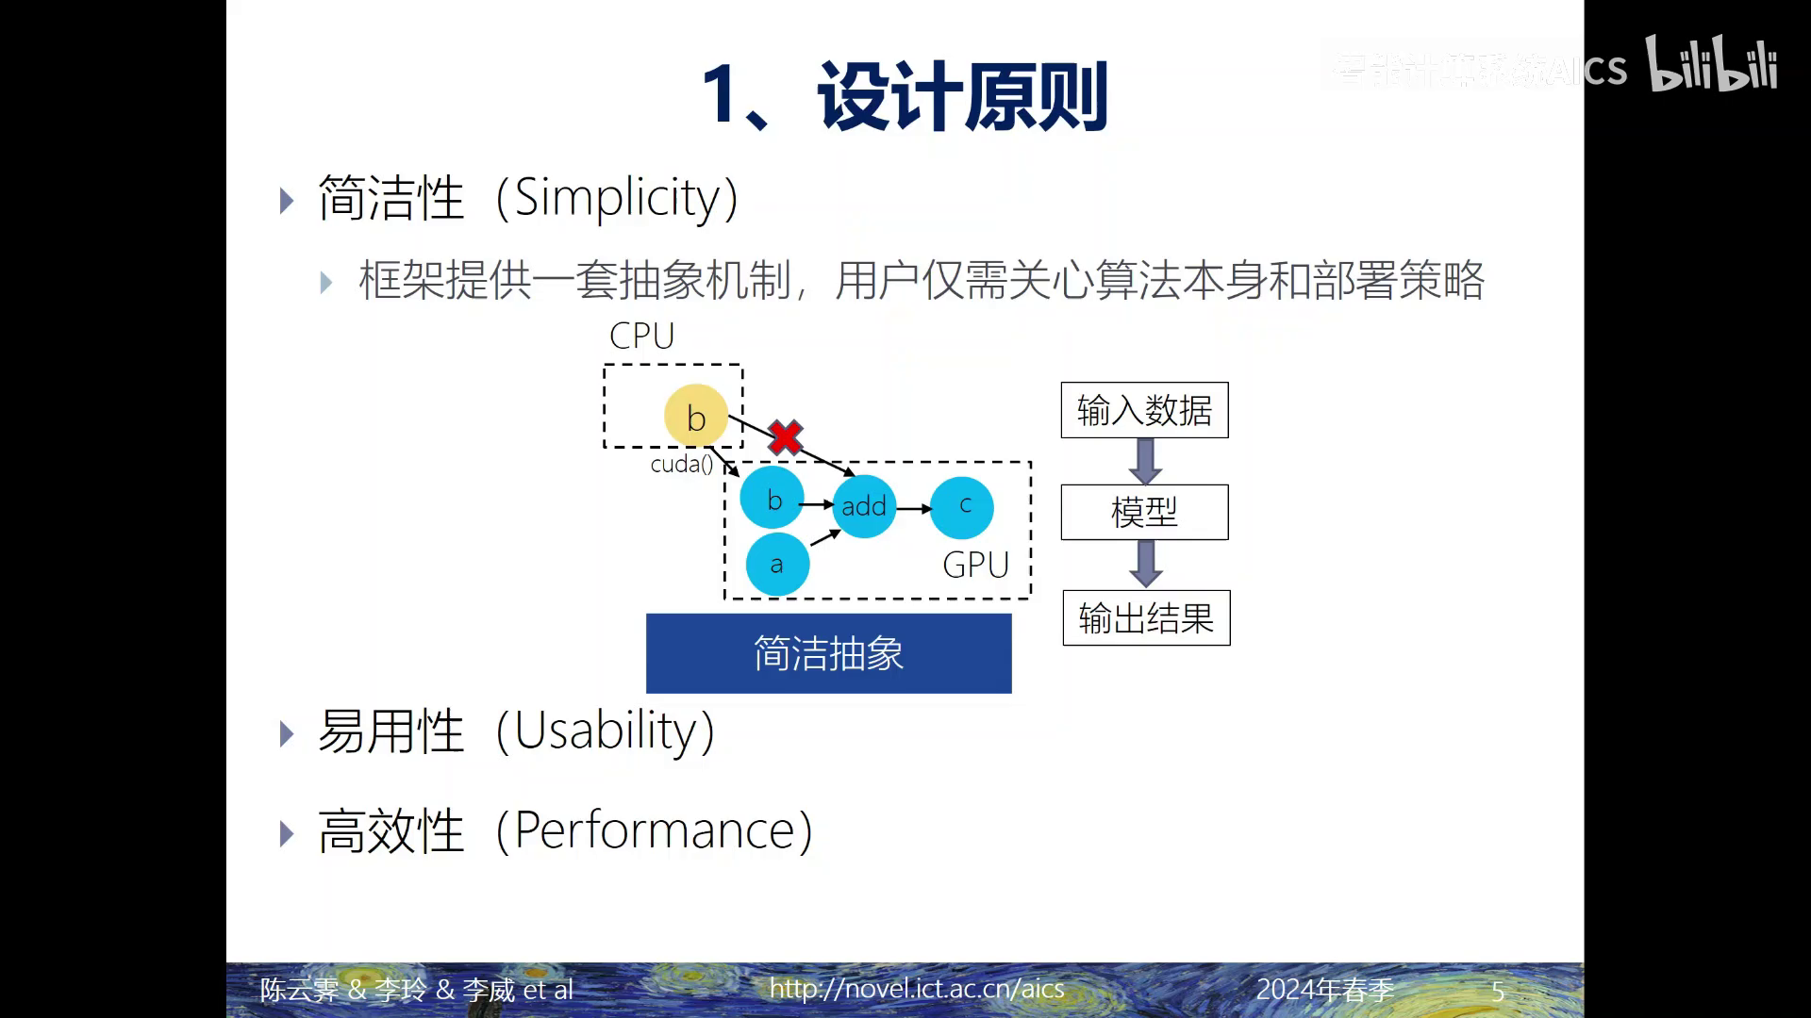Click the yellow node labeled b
point(696,416)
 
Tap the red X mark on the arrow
point(785,437)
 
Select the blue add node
point(864,506)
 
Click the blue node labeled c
point(962,507)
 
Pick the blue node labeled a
point(777,565)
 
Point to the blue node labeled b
point(773,499)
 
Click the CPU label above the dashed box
point(641,336)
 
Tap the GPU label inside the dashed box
point(975,565)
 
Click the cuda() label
point(681,464)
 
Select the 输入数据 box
point(1144,410)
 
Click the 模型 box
point(1144,512)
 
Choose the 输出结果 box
point(1146,618)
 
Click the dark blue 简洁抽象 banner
point(828,653)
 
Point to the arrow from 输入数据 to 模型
point(1144,461)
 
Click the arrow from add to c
point(913,509)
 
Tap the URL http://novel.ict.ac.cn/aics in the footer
point(916,988)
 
